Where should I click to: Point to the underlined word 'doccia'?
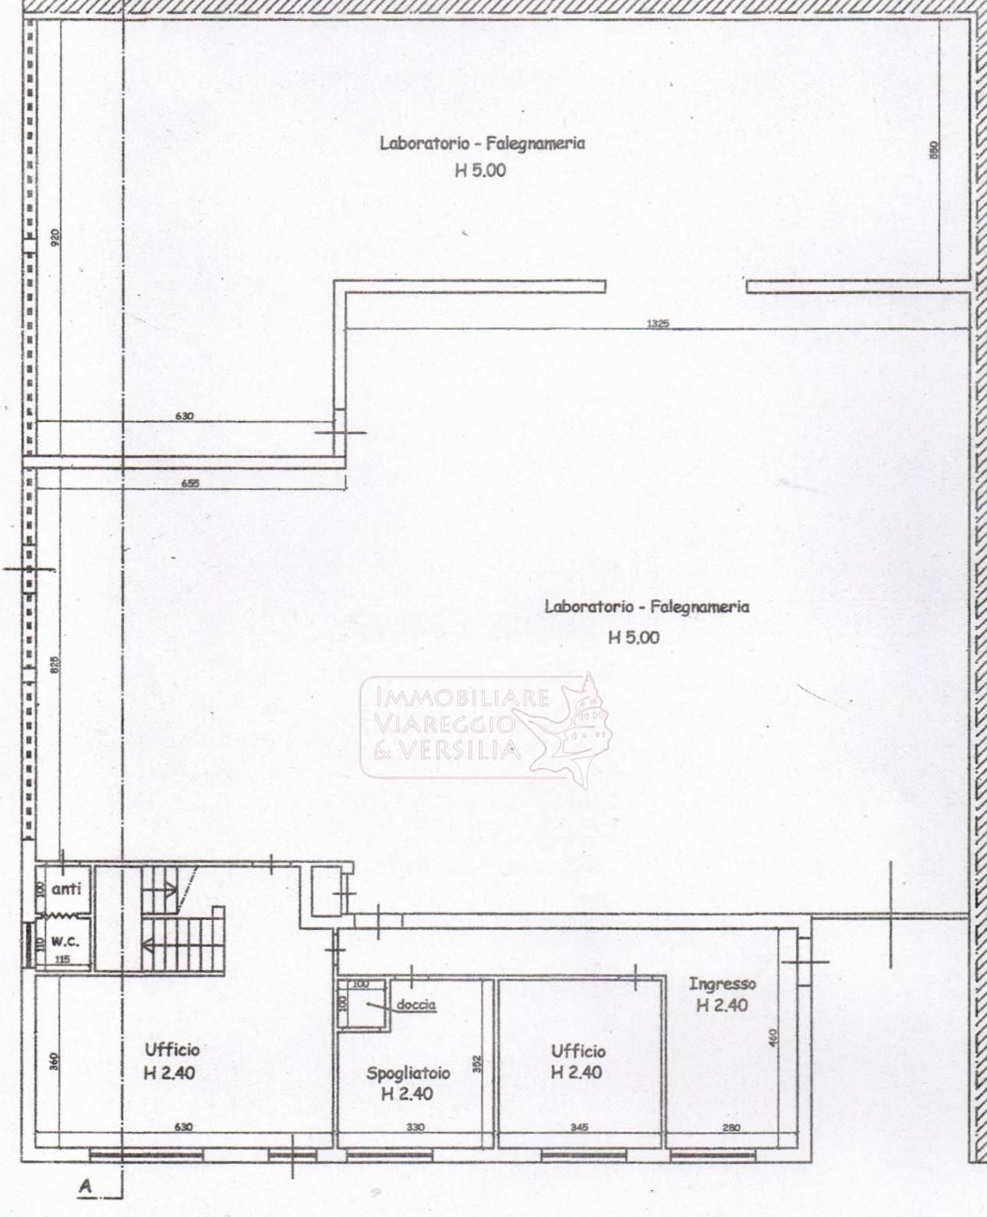[416, 1005]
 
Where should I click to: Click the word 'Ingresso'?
[722, 984]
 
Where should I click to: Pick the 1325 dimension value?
[658, 323]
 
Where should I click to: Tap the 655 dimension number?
[189, 483]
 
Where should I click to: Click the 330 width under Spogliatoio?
[416, 1127]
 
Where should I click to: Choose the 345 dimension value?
[579, 1127]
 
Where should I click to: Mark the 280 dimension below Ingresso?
[731, 1127]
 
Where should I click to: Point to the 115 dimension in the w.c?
[63, 960]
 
